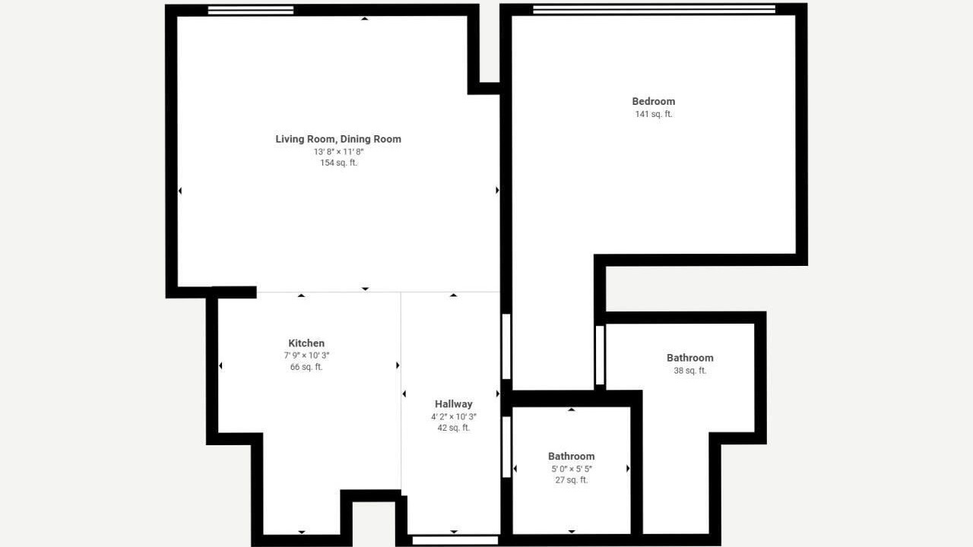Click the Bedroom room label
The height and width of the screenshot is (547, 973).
click(653, 102)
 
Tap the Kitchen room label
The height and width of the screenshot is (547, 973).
click(306, 343)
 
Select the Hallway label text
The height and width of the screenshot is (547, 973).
click(454, 404)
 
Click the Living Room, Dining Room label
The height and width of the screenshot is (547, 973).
click(338, 139)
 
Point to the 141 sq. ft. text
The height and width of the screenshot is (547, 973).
click(653, 114)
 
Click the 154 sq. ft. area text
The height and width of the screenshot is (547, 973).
click(338, 163)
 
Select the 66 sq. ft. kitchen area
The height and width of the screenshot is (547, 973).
click(306, 367)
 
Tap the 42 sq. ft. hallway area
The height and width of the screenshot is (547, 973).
click(454, 428)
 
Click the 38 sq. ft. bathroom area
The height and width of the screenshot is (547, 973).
click(689, 371)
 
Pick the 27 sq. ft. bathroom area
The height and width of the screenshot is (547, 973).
click(571, 480)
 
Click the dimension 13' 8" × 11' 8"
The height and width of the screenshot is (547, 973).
click(338, 152)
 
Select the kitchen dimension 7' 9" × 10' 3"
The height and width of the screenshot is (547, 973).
click(306, 356)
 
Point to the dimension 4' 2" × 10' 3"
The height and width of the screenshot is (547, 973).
click(454, 417)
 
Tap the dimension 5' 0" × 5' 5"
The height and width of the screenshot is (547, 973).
click(571, 469)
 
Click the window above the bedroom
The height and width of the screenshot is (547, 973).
click(654, 9)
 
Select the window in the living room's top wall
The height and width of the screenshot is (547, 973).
click(251, 10)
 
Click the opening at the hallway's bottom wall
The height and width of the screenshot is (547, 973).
click(455, 540)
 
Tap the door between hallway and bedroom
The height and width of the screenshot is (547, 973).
click(506, 346)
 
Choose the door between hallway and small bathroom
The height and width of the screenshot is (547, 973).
click(506, 447)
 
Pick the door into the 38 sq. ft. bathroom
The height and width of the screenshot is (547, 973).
click(600, 355)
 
